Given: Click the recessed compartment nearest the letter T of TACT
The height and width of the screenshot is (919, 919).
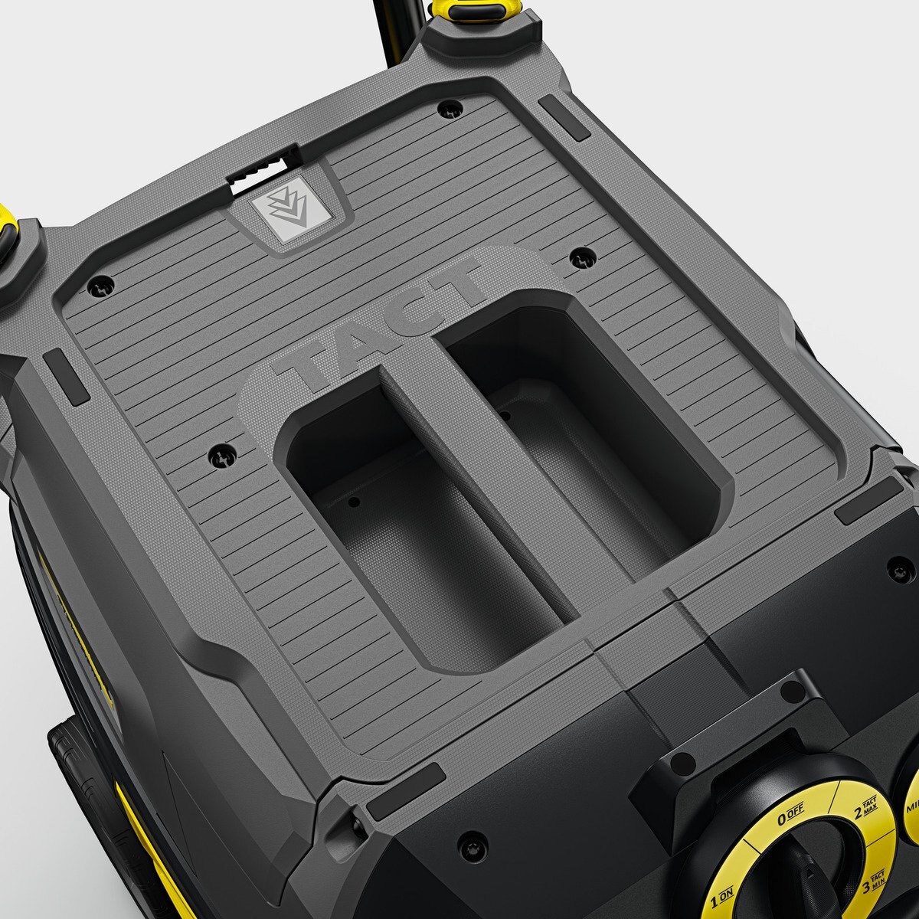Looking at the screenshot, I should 414,521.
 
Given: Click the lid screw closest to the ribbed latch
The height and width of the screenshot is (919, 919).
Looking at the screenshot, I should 450,109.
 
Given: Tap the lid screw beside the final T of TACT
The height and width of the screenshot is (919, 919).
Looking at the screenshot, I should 583,258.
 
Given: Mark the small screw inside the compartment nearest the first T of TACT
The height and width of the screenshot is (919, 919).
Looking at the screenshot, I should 353,503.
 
